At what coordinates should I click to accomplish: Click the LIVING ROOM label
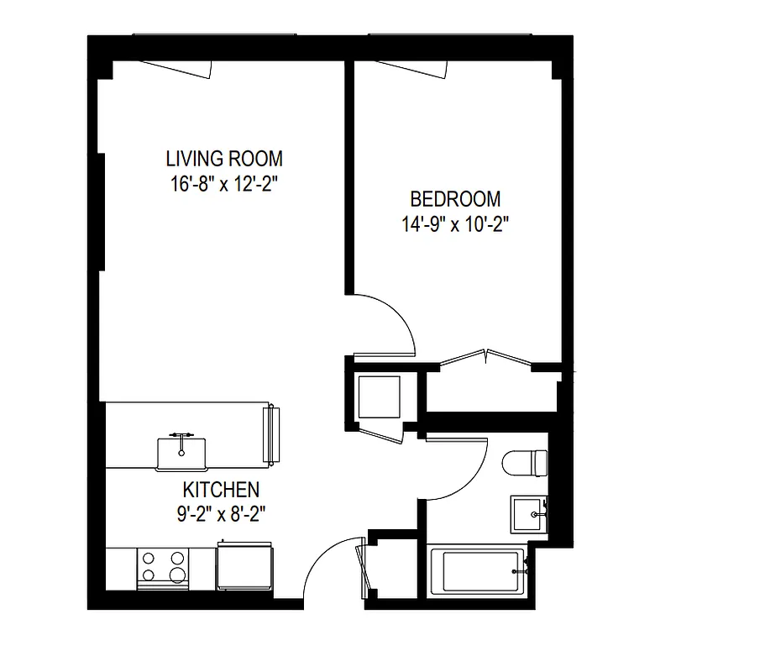point(224,158)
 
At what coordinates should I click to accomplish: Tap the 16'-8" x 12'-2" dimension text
point(223,184)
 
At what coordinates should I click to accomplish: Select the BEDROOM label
point(455,199)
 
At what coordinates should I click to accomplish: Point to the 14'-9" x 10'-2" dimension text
point(455,224)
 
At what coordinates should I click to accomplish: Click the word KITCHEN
point(221,490)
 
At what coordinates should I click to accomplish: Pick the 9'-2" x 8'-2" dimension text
point(222,513)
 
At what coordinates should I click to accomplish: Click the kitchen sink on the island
point(181,452)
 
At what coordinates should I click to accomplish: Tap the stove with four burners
point(162,567)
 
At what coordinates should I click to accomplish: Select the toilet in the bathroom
point(526,463)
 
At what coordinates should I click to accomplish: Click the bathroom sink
point(529,512)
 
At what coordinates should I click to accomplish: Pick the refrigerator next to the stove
point(244,566)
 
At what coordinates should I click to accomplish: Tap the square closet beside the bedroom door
point(380,397)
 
